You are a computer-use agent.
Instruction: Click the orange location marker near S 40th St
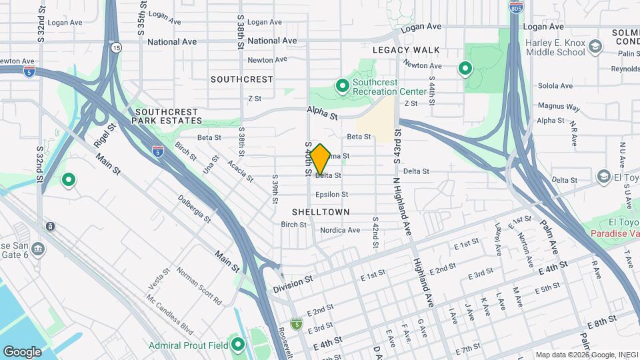pos(320,159)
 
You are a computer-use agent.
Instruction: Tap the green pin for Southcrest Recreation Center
pos(342,86)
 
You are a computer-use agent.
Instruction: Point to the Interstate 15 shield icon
pos(117,47)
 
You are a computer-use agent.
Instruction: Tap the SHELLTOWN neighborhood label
pos(321,211)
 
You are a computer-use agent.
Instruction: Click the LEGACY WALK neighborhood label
pos(406,50)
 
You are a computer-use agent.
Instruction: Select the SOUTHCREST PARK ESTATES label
pos(167,116)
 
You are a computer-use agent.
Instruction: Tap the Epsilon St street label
pos(332,195)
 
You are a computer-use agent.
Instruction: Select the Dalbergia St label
pos(194,209)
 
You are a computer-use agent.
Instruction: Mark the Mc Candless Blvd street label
pos(169,315)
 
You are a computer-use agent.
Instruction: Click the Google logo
pos(22,351)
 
